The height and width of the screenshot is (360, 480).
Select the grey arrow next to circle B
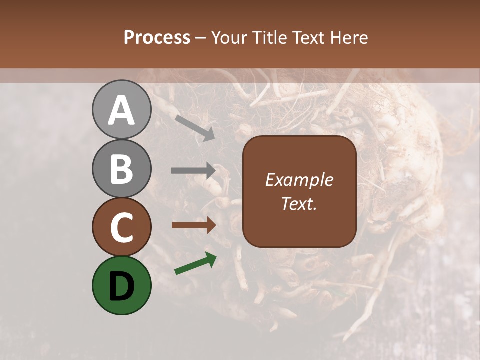pos(193,171)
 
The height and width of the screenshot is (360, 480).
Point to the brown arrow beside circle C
pos(193,225)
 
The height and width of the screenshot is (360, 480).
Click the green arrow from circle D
pos(195,263)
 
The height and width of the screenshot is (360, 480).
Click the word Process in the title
pos(157,37)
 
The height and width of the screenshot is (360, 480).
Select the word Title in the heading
pos(271,37)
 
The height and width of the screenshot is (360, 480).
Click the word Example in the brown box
pos(299,180)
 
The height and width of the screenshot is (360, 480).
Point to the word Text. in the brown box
pos(299,203)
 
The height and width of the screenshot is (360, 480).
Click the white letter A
pos(121,111)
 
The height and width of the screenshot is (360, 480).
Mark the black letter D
pos(121,286)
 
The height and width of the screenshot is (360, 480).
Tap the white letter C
pos(121,227)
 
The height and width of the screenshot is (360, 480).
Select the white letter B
pos(121,169)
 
